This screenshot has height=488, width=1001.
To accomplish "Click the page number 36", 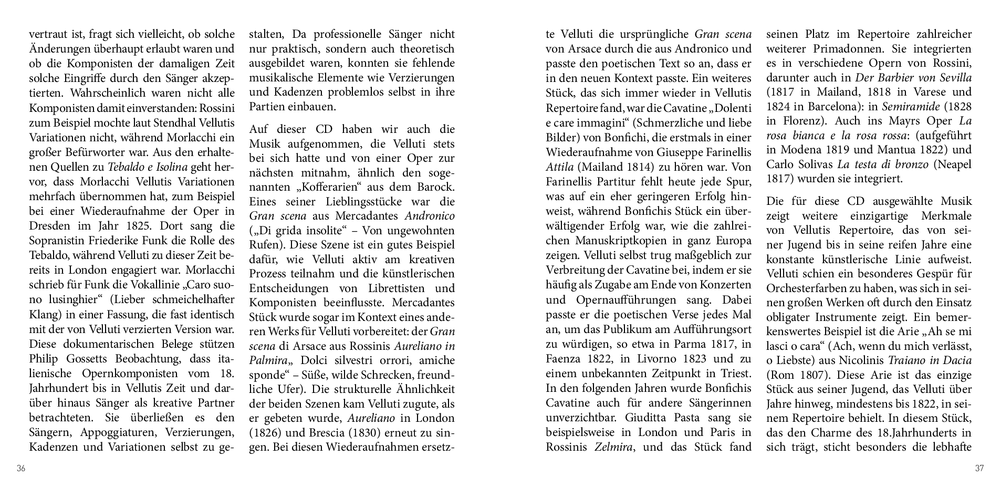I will coord(21,469).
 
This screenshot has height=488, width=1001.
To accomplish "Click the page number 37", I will coord(979,469).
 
